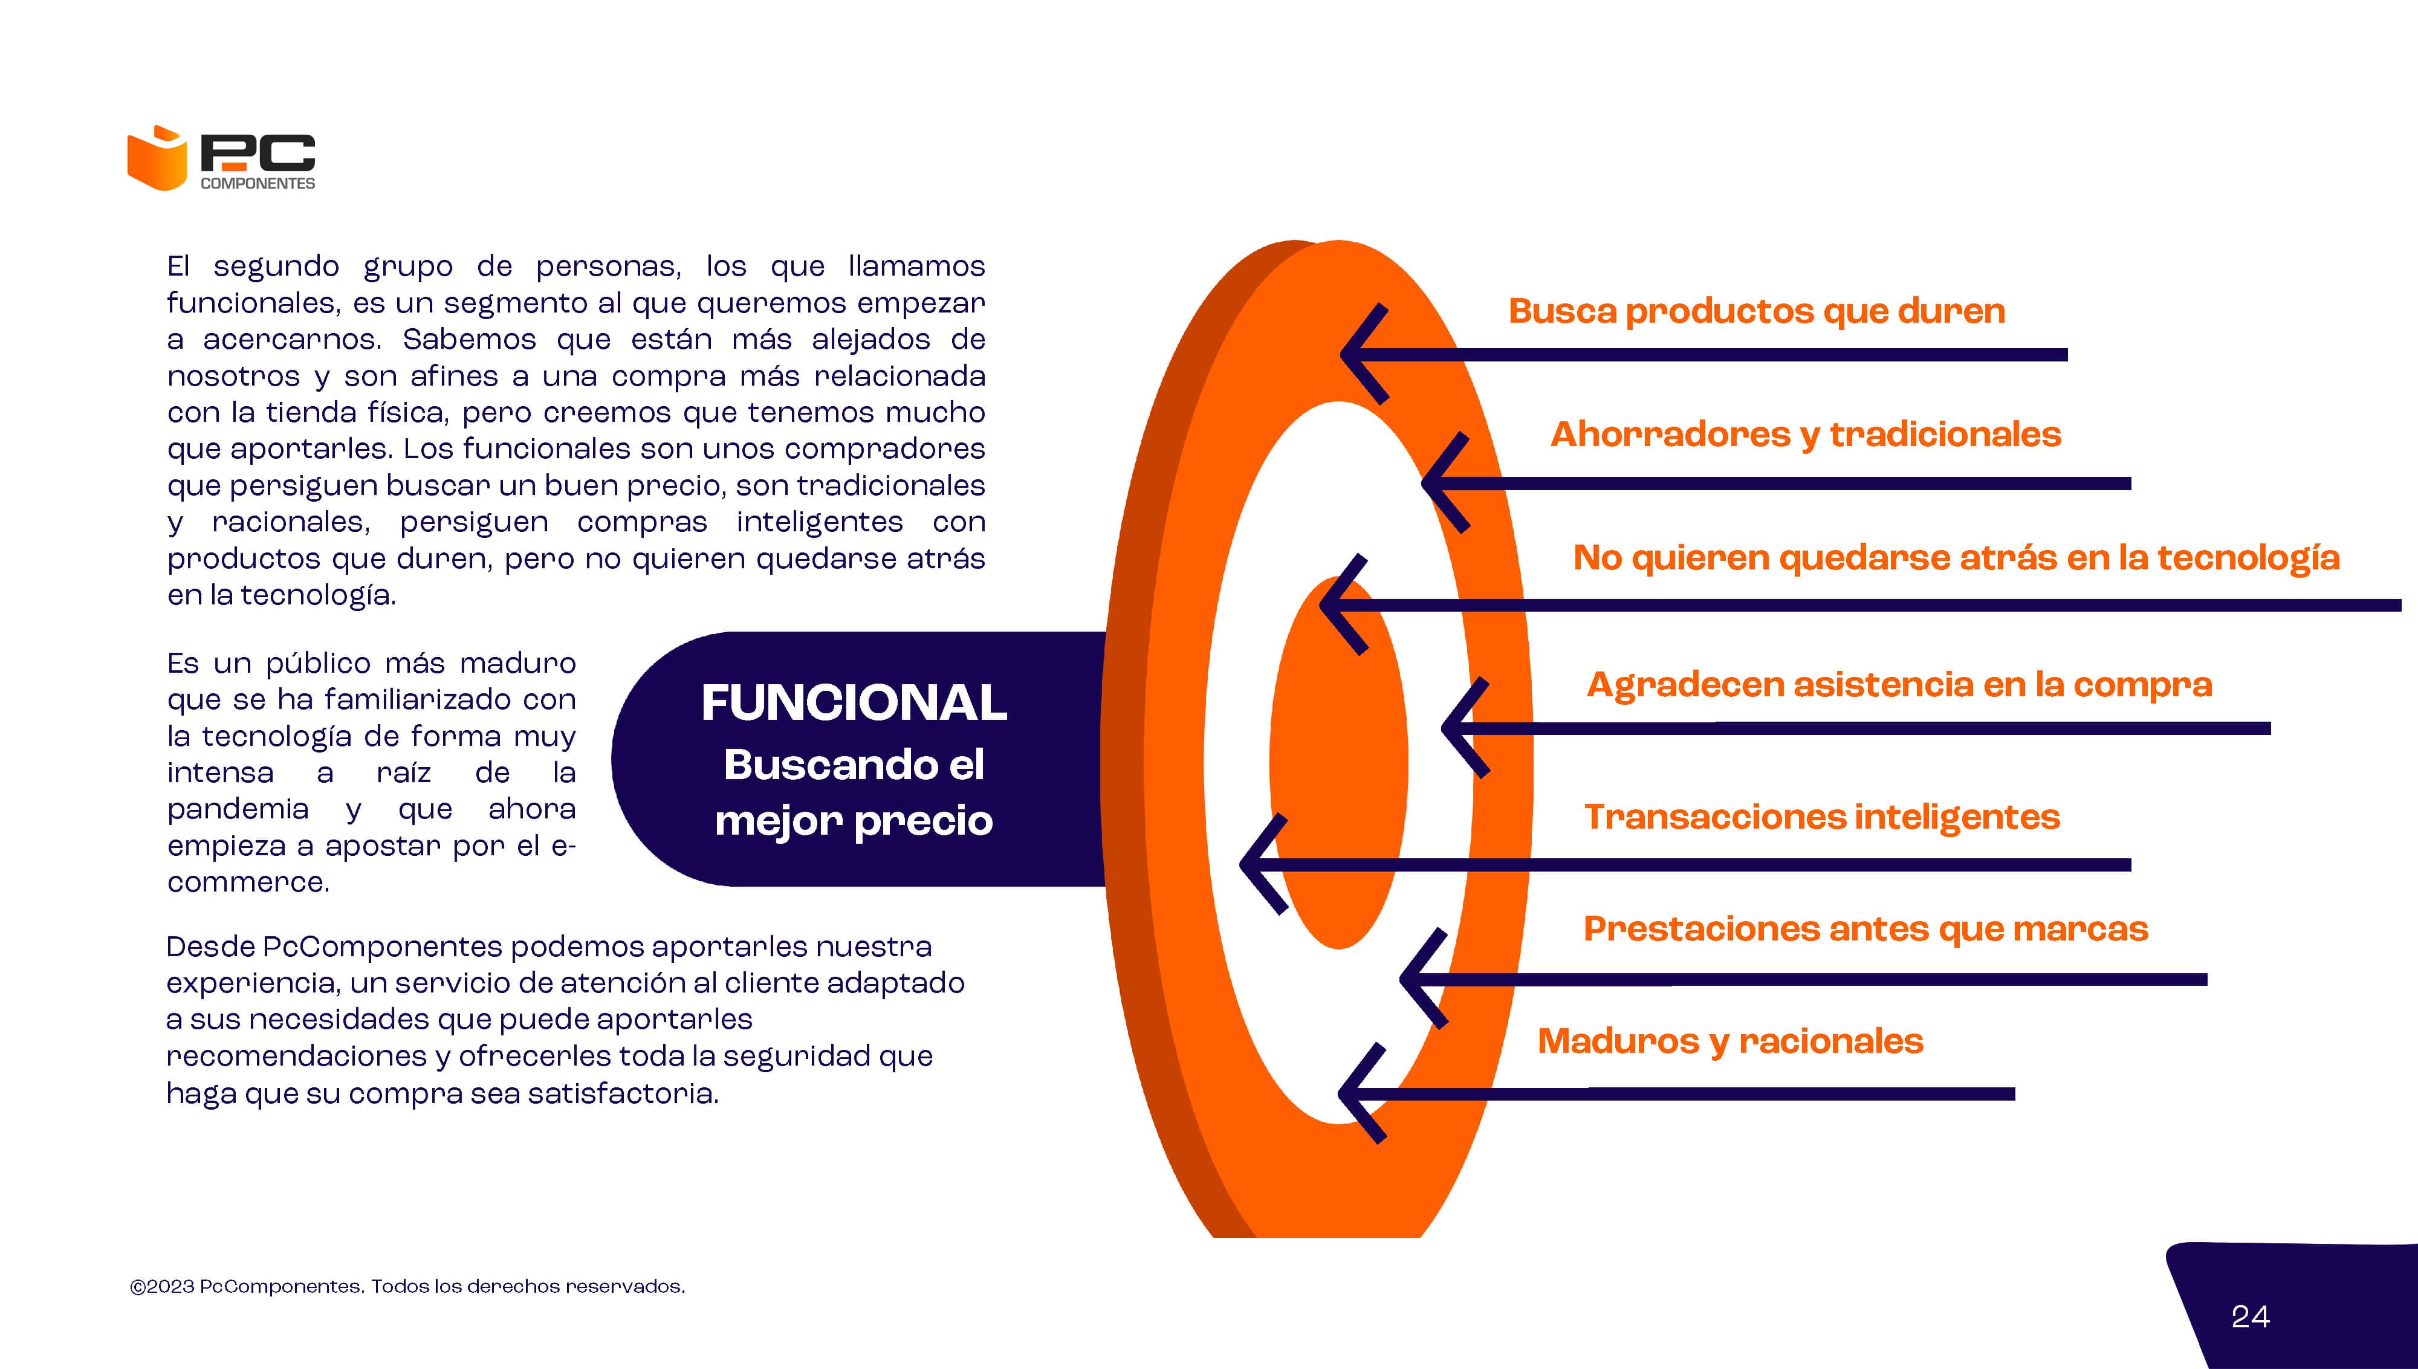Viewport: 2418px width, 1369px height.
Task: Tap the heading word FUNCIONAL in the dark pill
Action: tap(854, 702)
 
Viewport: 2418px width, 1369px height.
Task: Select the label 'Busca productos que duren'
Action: tap(1756, 311)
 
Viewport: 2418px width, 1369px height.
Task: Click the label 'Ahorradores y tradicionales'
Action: tap(1805, 435)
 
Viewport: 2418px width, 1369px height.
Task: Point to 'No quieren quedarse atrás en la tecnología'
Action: tap(1956, 557)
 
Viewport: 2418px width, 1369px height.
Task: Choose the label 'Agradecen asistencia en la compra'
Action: tap(1899, 684)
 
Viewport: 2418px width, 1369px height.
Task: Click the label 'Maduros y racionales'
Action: tap(1730, 1041)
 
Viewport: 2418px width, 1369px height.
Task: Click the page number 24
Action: tap(2251, 1317)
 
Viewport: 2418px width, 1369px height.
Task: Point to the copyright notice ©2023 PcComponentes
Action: tap(407, 1286)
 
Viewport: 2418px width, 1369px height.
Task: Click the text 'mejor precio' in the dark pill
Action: tap(854, 821)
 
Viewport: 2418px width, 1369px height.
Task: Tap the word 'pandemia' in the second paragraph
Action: tap(238, 809)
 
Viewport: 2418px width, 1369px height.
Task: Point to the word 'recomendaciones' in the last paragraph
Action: tap(296, 1056)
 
